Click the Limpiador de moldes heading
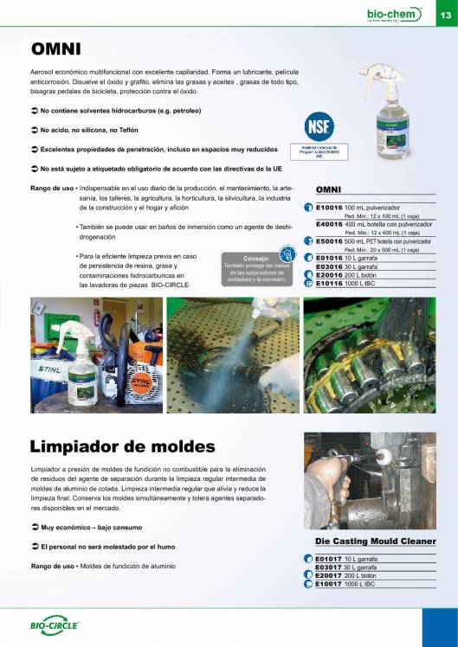click(x=122, y=446)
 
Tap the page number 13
click(x=444, y=15)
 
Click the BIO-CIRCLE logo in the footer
click(x=55, y=625)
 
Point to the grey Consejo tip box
click(x=256, y=268)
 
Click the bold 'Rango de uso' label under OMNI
click(x=51, y=187)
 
